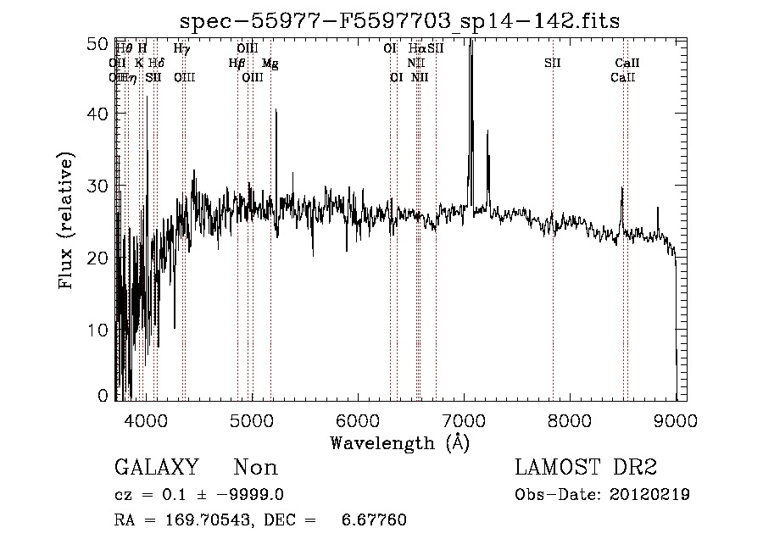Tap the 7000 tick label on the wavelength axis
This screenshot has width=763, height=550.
tap(464, 419)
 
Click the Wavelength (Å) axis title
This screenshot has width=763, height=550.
tap(399, 442)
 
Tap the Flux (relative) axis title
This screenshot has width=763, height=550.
tap(67, 220)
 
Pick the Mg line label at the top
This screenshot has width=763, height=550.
tap(270, 64)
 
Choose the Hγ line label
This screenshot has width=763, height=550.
tap(181, 49)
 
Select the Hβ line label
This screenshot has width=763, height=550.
tap(237, 64)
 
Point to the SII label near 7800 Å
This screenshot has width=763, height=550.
tap(553, 64)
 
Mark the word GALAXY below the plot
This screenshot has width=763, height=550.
tap(156, 468)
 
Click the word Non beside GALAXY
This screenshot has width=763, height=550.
tap(255, 468)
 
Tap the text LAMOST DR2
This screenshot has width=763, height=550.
tap(585, 468)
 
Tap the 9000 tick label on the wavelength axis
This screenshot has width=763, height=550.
tap(676, 419)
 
